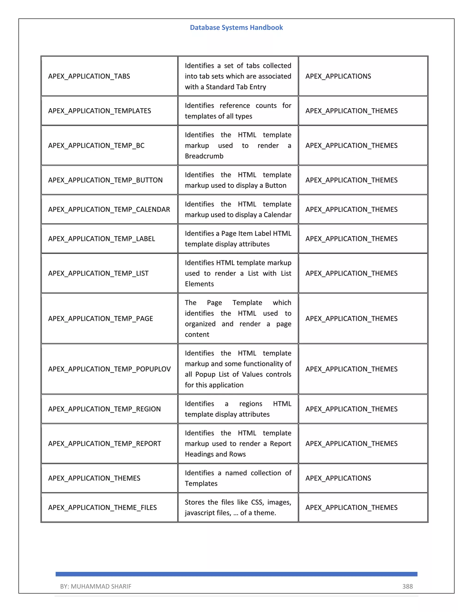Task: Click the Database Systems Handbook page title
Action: coord(236,27)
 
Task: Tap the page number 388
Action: coord(407,586)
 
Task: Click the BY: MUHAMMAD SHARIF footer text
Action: coord(96,586)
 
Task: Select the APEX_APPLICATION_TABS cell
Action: coord(89,76)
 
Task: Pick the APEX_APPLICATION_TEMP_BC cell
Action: coord(96,145)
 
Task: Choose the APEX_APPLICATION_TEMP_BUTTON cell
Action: coord(105,180)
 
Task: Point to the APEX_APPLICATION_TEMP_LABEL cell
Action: coord(101,239)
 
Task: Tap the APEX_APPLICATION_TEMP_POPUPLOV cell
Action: coord(109,369)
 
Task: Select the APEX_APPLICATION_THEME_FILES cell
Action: coord(102,507)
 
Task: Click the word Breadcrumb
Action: coord(204,156)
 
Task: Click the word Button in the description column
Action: coord(276,185)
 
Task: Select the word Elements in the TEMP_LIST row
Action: coord(199,284)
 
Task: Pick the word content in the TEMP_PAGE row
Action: coord(197,334)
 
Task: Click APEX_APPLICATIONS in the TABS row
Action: coord(338,76)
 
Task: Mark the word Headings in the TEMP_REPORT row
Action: coord(199,454)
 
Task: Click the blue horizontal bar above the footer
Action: coord(236,574)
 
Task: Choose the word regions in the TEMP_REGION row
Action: coord(251,403)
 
